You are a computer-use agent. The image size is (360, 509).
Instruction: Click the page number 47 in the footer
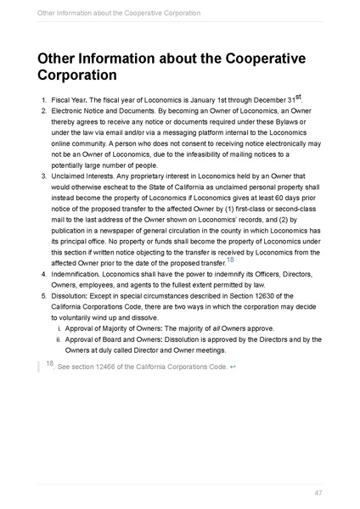[x=318, y=492]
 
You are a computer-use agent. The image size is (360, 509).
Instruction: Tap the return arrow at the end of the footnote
[x=233, y=366]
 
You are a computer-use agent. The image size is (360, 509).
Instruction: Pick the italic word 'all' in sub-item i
[x=216, y=329]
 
